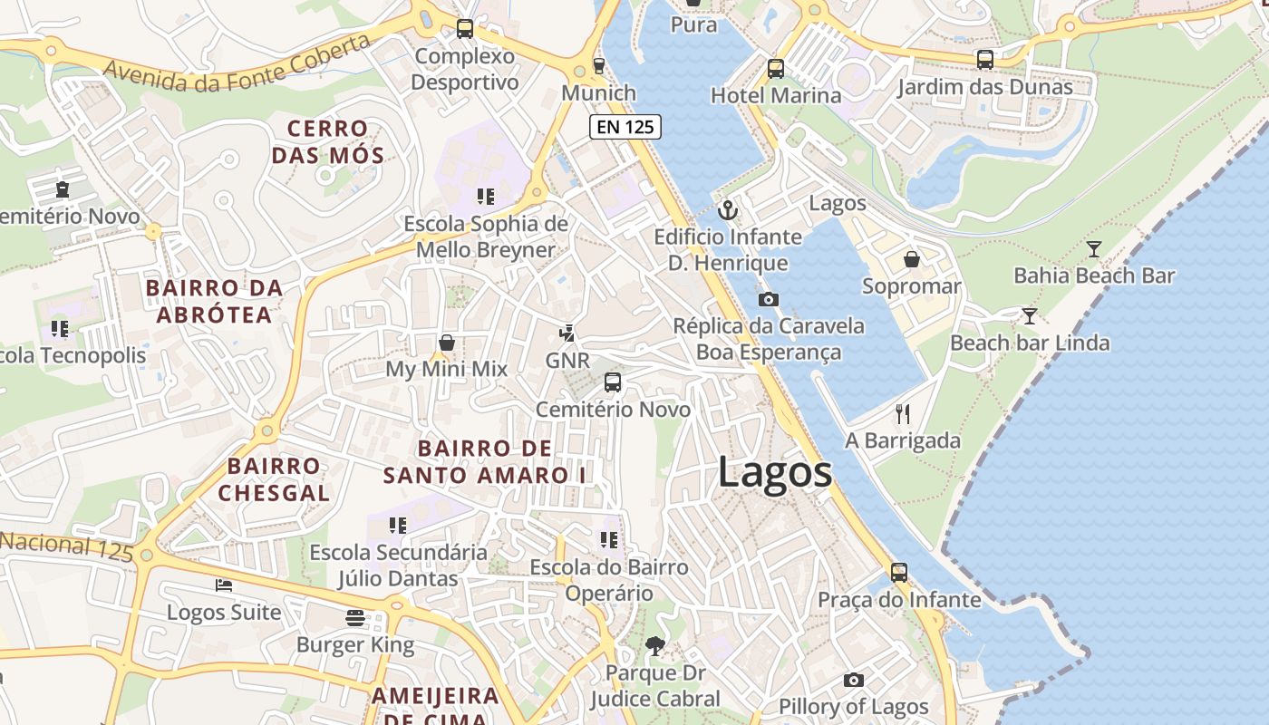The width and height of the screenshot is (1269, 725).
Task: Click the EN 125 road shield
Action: click(625, 127)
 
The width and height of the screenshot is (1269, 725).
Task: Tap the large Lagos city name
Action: click(775, 472)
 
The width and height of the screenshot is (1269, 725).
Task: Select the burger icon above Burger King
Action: click(355, 618)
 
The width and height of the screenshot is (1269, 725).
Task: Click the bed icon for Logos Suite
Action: click(224, 585)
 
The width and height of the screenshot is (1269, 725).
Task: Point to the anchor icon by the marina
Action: click(727, 210)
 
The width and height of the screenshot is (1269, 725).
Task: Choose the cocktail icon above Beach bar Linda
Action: click(1029, 316)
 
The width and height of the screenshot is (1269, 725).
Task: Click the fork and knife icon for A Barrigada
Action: click(902, 414)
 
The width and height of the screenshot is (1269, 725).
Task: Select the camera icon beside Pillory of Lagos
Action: click(853, 680)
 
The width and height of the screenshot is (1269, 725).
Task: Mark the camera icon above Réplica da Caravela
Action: click(768, 299)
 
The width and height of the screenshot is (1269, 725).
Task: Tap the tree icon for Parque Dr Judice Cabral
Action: click(654, 646)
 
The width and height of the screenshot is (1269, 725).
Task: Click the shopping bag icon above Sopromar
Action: click(912, 260)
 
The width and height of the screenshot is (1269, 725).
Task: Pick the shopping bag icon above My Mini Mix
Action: click(447, 343)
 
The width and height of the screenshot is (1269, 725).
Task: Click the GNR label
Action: click(567, 360)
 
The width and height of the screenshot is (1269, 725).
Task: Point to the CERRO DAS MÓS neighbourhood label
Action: click(327, 141)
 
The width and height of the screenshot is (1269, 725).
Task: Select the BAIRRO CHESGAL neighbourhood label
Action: click(273, 479)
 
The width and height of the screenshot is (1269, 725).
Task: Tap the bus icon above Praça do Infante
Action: click(899, 573)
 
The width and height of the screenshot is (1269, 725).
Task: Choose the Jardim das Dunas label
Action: click(984, 87)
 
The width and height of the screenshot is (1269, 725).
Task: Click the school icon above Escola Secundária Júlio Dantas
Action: click(397, 526)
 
